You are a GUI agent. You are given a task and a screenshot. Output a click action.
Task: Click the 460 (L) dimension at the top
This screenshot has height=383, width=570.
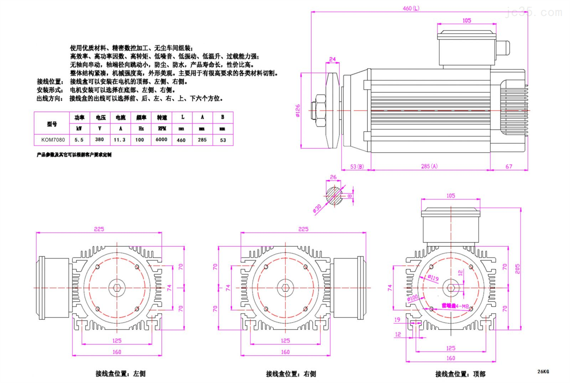pyautogui.click(x=411, y=8)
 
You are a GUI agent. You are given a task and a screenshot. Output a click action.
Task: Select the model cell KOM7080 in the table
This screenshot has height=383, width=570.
pyautogui.click(x=53, y=140)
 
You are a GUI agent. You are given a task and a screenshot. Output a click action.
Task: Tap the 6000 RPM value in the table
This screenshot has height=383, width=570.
pyautogui.click(x=161, y=139)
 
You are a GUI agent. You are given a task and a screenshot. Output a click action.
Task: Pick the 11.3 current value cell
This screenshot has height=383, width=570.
pyautogui.click(x=120, y=140)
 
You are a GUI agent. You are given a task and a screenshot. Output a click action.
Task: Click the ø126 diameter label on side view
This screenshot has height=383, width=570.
pyautogui.click(x=298, y=111)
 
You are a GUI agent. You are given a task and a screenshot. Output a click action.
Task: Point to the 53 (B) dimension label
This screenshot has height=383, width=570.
pyautogui.click(x=357, y=166)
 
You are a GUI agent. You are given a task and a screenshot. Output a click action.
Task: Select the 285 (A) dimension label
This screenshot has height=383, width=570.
pyautogui.click(x=429, y=166)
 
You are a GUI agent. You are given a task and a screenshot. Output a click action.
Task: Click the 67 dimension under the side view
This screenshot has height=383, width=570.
pyautogui.click(x=509, y=166)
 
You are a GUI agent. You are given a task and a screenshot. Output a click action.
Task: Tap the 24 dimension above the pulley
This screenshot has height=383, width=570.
pyautogui.click(x=332, y=59)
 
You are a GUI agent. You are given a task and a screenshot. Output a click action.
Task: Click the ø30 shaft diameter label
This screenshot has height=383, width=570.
pyautogui.click(x=317, y=209)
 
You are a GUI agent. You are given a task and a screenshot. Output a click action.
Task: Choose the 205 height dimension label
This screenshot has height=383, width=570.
pyautogui.click(x=518, y=269)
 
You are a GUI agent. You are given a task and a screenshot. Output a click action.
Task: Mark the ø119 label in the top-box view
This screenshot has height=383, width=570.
pyautogui.click(x=433, y=278)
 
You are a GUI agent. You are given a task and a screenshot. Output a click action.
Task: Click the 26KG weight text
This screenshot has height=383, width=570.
pyautogui.click(x=543, y=371)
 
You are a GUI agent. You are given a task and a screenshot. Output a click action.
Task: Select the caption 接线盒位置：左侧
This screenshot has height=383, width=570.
pyautogui.click(x=120, y=374)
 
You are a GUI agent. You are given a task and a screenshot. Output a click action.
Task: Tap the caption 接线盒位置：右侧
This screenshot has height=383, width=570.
pyautogui.click(x=291, y=374)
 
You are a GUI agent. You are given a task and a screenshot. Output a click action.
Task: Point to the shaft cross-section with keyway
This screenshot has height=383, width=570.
pyautogui.click(x=334, y=195)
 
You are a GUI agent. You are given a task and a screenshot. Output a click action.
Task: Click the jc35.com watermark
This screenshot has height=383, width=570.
pyautogui.click(x=534, y=13)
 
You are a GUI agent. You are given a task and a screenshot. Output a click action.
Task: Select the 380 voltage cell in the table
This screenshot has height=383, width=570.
pyautogui.click(x=100, y=139)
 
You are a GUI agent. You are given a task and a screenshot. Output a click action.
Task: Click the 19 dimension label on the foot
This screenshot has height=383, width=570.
pyautogui.click(x=397, y=320)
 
